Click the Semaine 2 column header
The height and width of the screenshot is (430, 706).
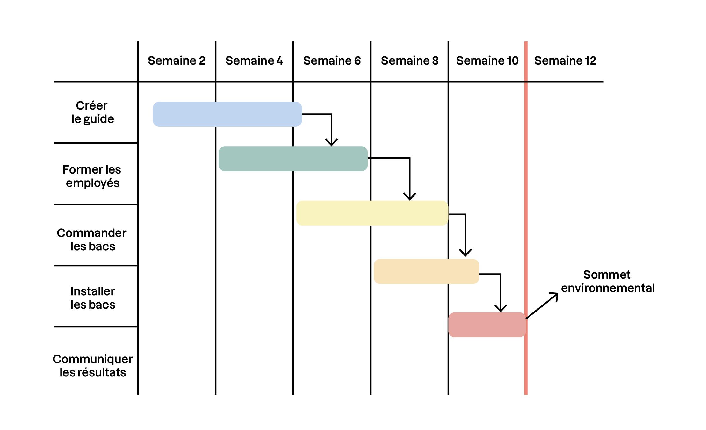176,61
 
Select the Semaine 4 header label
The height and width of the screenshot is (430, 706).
254,61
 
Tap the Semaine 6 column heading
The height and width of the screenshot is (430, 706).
332,61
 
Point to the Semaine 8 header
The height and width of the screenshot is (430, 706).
410,61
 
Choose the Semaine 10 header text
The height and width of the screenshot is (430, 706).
487,61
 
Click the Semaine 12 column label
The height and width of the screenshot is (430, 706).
565,61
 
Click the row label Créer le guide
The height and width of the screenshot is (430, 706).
92,112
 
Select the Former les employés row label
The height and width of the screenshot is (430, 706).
92,176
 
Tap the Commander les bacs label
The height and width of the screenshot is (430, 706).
92,240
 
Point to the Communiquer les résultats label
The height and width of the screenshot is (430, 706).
93,366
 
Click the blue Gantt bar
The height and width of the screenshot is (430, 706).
227,114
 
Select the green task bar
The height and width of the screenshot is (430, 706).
293,159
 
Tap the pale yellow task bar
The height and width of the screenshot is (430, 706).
372,213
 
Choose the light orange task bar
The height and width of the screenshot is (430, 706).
426,271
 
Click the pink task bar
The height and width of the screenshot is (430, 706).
487,325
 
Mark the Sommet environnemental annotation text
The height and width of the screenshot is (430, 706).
608,281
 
